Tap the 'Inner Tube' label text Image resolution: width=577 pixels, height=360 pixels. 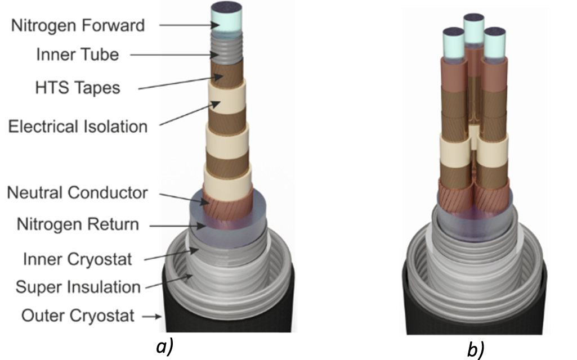point(77,55)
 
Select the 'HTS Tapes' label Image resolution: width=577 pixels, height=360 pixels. point(77,88)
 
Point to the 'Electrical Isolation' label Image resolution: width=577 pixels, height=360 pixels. point(77,126)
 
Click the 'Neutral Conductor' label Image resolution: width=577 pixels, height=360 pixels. point(77,193)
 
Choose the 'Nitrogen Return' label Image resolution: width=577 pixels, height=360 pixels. point(77,224)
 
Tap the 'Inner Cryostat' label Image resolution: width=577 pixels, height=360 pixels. point(78,259)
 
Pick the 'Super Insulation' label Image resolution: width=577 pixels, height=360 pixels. point(78,287)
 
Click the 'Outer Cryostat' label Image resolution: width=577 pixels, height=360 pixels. point(78,316)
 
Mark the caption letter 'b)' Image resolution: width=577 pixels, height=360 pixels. point(475,348)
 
